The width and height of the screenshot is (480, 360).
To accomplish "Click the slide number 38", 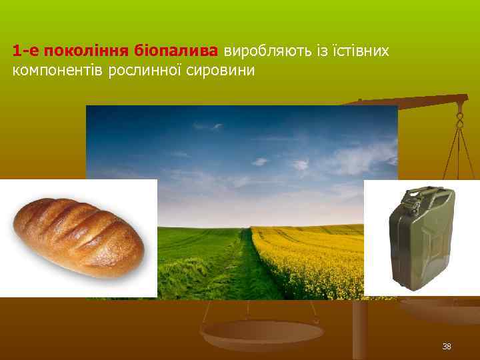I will tap(446, 347).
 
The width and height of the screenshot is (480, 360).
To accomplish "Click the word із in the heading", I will tap(310, 51).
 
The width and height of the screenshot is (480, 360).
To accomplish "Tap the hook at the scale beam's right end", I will tap(459, 120).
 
